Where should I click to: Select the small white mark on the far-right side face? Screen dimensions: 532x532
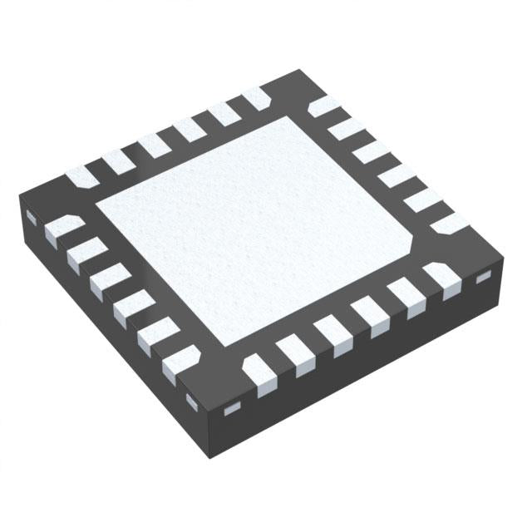pos(480,282)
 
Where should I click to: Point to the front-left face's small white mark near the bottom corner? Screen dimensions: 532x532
pos(192,402)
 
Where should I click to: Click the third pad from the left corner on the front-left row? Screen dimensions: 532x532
pos(106,279)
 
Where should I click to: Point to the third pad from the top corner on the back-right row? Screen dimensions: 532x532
pos(372,154)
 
